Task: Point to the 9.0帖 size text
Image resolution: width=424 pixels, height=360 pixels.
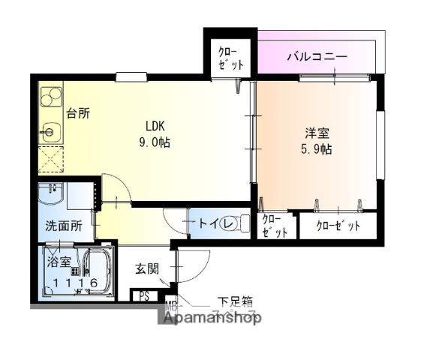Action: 153,142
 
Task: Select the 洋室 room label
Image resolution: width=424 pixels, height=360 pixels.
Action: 316,133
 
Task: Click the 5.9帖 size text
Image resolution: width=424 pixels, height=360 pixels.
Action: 316,148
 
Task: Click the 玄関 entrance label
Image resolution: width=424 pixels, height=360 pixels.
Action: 147,268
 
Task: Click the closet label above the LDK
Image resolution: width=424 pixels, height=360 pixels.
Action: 230,58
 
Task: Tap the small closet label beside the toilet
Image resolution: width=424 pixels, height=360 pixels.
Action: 275,226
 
